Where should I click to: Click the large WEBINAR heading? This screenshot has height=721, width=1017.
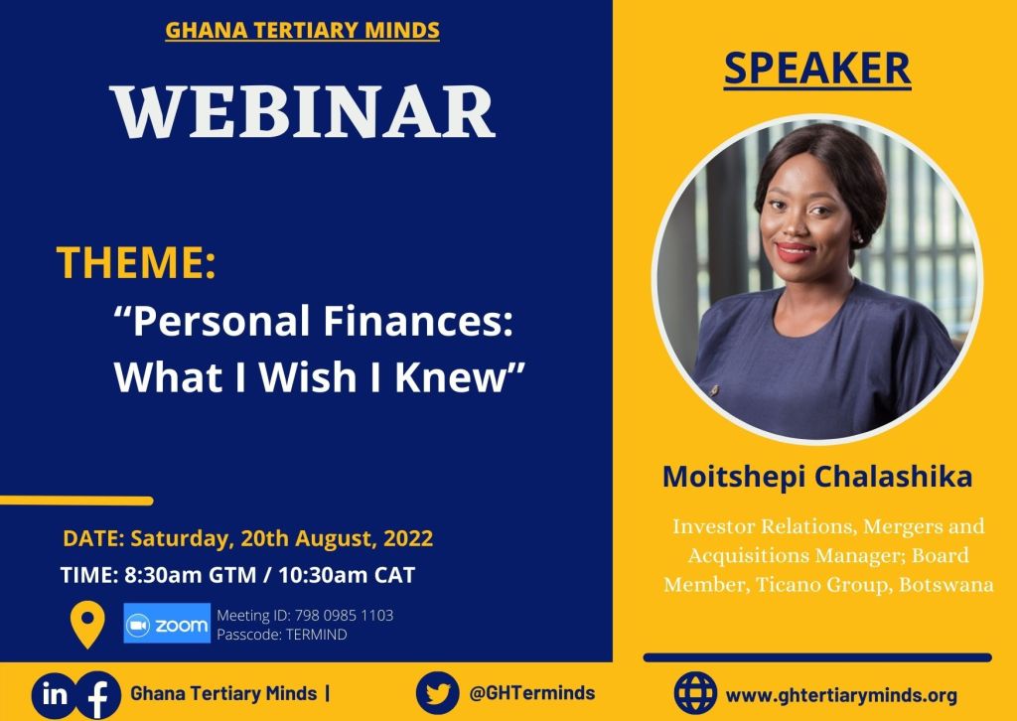pyautogui.click(x=302, y=110)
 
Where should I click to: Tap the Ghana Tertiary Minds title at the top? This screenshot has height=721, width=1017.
pyautogui.click(x=302, y=31)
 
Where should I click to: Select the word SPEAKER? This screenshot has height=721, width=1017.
pyautogui.click(x=816, y=68)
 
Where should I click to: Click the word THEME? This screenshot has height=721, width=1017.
pyautogui.click(x=136, y=262)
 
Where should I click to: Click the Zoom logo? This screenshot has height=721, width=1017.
pyautogui.click(x=167, y=624)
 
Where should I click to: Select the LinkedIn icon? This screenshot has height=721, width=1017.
pyautogui.click(x=55, y=693)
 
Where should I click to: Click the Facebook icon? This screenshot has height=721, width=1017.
pyautogui.click(x=97, y=695)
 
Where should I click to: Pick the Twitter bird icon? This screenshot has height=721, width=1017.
pyautogui.click(x=437, y=693)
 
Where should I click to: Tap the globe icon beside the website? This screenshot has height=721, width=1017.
pyautogui.click(x=695, y=693)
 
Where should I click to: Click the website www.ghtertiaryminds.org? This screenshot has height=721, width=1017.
pyautogui.click(x=841, y=694)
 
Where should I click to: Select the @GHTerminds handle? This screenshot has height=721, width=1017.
pyautogui.click(x=531, y=693)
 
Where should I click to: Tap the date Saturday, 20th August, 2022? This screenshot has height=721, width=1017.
pyautogui.click(x=281, y=539)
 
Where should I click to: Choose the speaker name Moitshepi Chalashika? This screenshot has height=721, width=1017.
pyautogui.click(x=816, y=477)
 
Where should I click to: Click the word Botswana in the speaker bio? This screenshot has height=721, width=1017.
pyautogui.click(x=946, y=585)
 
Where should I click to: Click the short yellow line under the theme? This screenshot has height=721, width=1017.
pyautogui.click(x=76, y=501)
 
